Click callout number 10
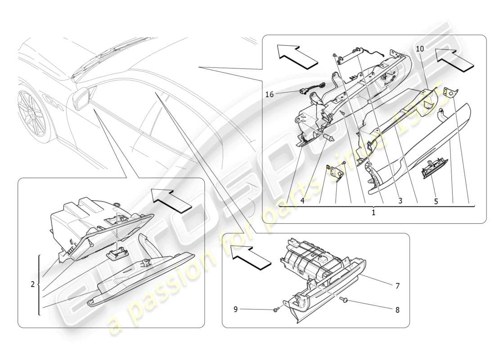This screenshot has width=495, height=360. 419,48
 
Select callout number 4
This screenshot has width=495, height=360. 303,201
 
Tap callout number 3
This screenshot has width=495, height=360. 400,201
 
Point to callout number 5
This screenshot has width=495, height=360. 436,201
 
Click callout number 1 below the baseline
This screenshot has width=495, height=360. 373,212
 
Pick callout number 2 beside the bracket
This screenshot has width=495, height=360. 32,284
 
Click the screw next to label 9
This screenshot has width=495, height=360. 276,310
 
